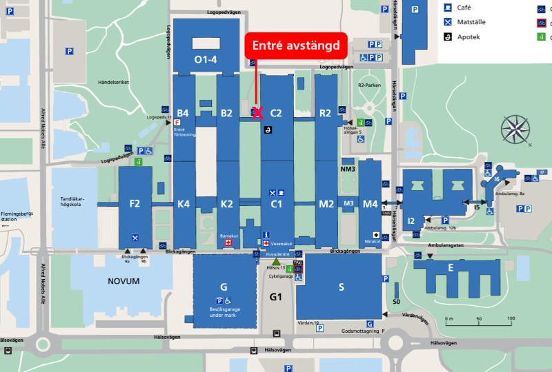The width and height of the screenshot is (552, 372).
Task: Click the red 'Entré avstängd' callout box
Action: click(295, 46)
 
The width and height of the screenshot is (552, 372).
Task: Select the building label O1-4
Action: click(206, 60)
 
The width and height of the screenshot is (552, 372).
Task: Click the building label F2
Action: click(135, 204)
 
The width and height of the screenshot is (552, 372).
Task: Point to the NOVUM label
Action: click(124, 281)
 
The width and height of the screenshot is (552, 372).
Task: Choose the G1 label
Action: click(276, 297)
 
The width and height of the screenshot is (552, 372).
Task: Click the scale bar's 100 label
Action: click(511, 318)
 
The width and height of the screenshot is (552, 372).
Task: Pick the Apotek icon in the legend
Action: click(448, 37)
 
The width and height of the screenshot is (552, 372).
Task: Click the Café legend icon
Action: click(448, 8)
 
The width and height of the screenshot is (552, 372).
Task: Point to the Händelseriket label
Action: click(114, 82)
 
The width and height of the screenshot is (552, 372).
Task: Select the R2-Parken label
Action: click(369, 85)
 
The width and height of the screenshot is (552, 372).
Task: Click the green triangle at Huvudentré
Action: click(276, 262)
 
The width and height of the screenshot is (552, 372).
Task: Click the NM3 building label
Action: click(348, 169)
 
